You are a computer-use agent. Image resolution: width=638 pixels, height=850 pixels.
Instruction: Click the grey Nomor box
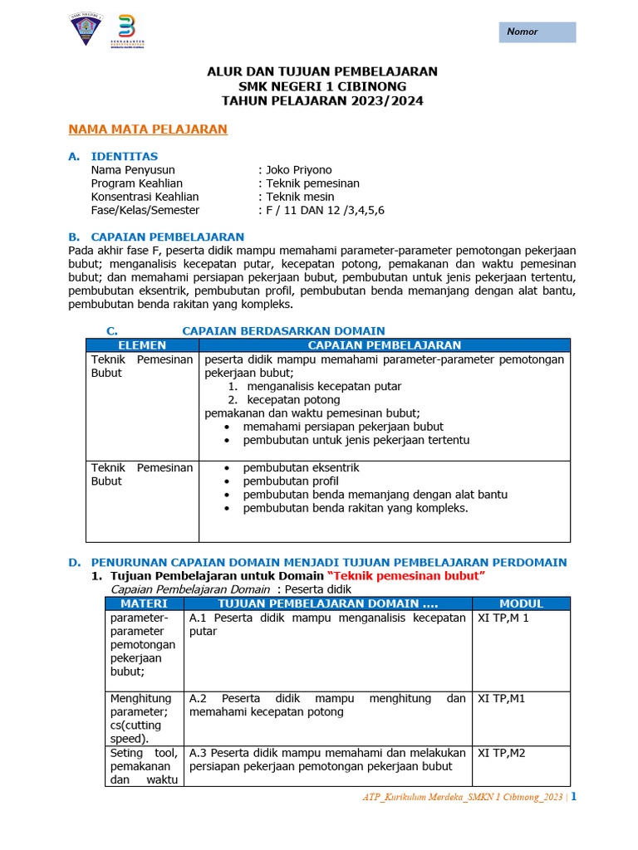pos(537,32)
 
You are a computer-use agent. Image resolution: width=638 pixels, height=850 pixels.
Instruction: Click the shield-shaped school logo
pos(86,32)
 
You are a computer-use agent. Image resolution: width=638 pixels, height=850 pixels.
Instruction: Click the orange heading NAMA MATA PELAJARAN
pos(147,129)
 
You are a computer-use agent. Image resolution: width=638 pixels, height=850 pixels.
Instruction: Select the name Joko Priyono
pos(298,170)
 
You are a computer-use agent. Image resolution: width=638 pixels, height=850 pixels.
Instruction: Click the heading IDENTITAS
pos(124,156)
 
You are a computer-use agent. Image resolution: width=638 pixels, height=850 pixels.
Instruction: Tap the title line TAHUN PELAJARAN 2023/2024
pos(321,100)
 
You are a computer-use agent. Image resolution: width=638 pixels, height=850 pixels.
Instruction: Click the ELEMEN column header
pos(142,345)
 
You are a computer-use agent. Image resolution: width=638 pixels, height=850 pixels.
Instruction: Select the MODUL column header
pos(521,603)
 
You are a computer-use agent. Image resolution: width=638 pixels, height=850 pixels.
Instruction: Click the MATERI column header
pos(144,603)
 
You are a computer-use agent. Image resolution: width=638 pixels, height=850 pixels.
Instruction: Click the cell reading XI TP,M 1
pos(503,618)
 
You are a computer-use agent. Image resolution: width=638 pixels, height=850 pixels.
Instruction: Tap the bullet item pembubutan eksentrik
pos(301,468)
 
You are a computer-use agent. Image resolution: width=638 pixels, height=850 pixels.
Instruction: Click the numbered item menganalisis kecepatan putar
pos(324,386)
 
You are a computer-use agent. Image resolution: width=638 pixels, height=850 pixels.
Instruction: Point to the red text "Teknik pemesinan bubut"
pos(406,576)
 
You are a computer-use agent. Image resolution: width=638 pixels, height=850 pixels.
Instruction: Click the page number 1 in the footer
pos(573,798)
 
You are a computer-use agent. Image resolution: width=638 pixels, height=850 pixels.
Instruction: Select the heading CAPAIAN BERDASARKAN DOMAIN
pos(282,330)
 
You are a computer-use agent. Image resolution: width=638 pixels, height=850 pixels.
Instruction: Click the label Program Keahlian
pos(136,183)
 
